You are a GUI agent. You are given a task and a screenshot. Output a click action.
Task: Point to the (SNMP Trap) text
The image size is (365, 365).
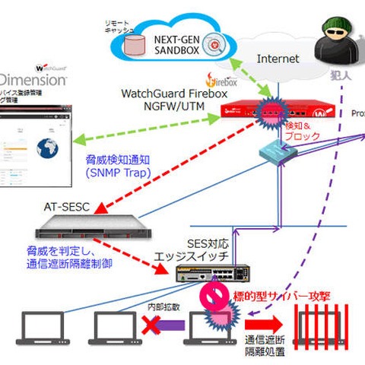pos(115,174)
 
